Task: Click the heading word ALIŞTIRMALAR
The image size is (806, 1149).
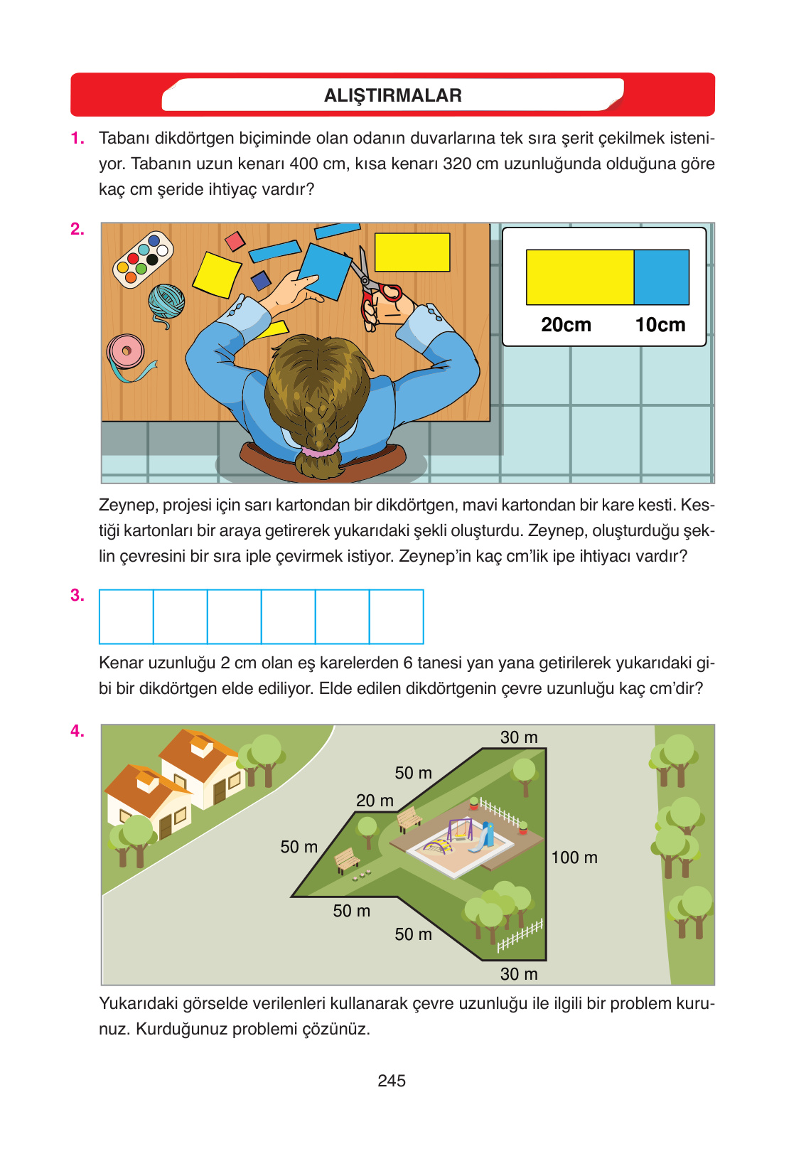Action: point(393,95)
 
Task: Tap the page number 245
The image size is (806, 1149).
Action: point(391,1080)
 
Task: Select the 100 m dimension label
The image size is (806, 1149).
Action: point(574,857)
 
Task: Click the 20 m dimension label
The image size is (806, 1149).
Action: point(375,800)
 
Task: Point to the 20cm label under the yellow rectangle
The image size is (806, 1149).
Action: point(566,325)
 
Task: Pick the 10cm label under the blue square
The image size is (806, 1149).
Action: point(660,325)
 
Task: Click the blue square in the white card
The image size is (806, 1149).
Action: point(662,277)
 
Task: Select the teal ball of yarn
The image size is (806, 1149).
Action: point(166,303)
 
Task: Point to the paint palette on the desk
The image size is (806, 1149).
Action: point(143,259)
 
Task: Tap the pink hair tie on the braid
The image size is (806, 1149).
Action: point(321,451)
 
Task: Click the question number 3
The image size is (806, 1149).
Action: point(77,595)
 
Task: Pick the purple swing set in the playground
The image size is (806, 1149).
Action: point(458,830)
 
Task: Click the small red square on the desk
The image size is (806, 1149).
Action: point(235,241)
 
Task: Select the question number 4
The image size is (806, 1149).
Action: point(77,731)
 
